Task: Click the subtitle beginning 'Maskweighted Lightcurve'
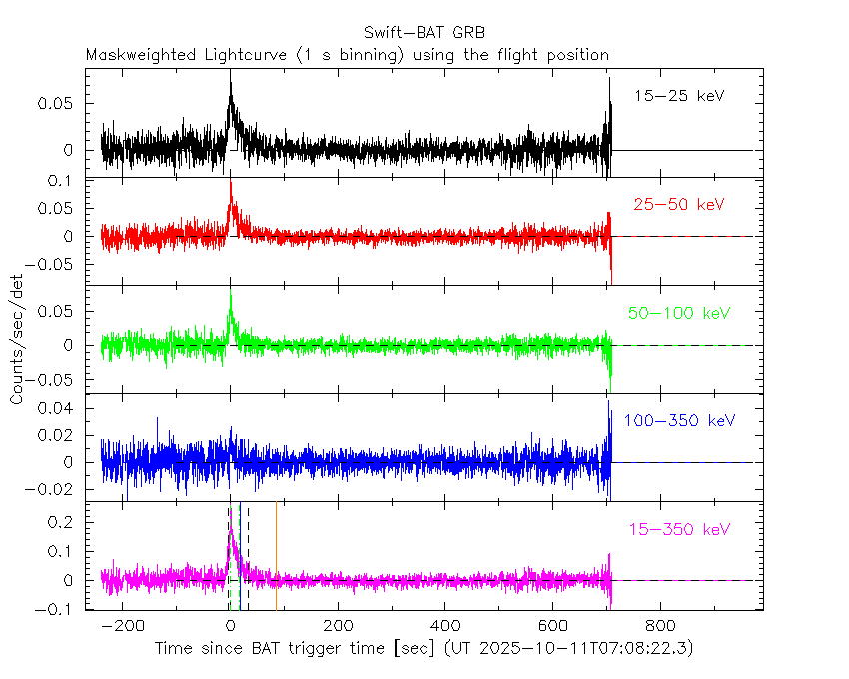tap(347, 54)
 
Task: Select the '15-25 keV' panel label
tap(678, 96)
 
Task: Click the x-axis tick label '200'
tap(338, 628)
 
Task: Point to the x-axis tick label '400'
tap(445, 628)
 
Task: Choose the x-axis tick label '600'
tap(552, 628)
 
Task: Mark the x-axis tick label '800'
tap(660, 628)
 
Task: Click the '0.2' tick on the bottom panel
tap(67, 522)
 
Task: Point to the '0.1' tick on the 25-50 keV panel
tap(67, 182)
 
